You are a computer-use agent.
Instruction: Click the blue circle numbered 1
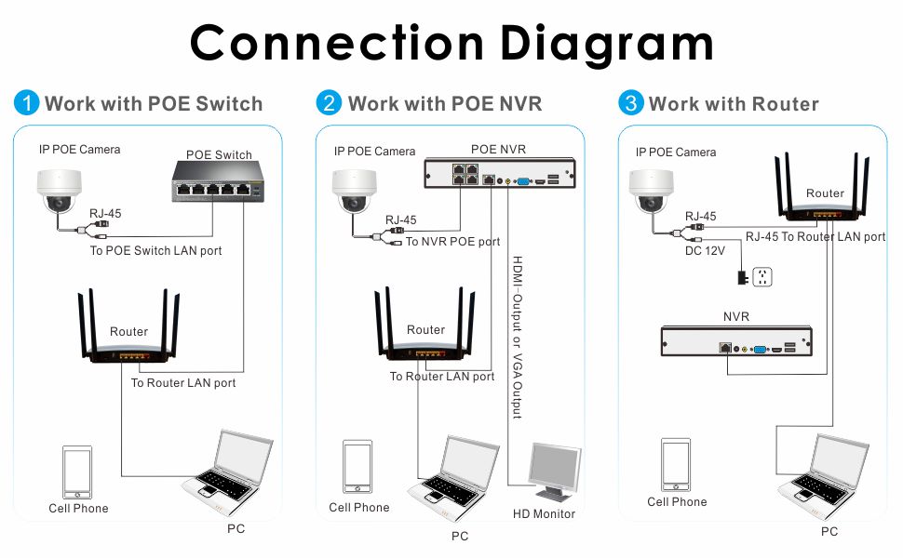[26, 103]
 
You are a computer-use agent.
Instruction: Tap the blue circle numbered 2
[329, 103]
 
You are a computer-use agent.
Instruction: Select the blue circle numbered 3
[630, 103]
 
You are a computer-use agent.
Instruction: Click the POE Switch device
[218, 181]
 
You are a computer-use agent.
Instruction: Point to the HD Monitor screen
[555, 467]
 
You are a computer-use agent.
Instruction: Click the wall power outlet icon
[761, 277]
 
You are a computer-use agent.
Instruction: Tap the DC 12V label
[705, 251]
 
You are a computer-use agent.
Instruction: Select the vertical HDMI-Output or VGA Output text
[518, 337]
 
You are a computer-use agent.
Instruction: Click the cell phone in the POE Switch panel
[77, 472]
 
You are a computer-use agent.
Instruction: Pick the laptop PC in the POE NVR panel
[452, 476]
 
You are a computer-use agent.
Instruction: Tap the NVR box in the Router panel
[736, 341]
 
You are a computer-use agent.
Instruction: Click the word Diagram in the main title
[607, 44]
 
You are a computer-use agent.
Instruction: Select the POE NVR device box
[500, 173]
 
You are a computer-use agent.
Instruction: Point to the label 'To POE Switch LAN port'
[155, 251]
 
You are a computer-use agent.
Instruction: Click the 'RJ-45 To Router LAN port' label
[815, 236]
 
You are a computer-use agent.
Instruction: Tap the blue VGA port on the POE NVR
[523, 181]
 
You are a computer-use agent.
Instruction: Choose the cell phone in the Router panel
[676, 465]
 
